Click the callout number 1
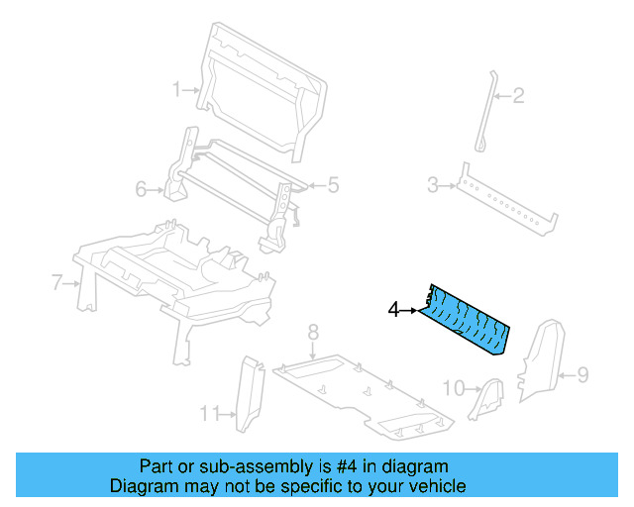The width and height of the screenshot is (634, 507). coord(177,89)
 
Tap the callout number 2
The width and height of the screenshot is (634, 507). coord(517,96)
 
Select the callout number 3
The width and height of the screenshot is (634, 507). coord(432,184)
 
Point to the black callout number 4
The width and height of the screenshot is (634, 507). coord(393,310)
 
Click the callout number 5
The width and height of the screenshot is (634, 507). coord(333,183)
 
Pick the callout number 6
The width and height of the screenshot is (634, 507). coord(141,187)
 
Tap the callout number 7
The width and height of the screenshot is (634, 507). coord(56,283)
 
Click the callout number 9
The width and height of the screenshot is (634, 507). coord(582,374)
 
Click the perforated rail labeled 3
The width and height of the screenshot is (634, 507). coord(505,202)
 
